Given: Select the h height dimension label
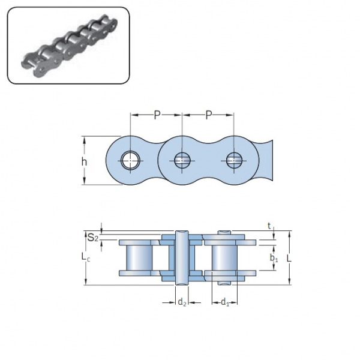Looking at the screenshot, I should point(85,161).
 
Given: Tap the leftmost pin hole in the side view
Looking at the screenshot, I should point(130,160).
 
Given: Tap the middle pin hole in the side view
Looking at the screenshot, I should point(182,160).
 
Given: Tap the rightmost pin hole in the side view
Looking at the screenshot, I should point(233,160).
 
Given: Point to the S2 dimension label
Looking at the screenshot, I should point(92,238).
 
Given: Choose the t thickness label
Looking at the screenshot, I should point(269,226).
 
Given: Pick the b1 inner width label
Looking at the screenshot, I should point(273,259).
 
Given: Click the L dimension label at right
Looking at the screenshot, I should point(297,258).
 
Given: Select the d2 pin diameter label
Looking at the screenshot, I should point(182,302).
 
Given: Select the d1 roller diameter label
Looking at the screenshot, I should point(225,302).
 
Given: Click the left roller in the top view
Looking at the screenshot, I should point(139,258).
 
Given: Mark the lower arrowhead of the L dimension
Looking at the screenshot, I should point(290,281).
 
